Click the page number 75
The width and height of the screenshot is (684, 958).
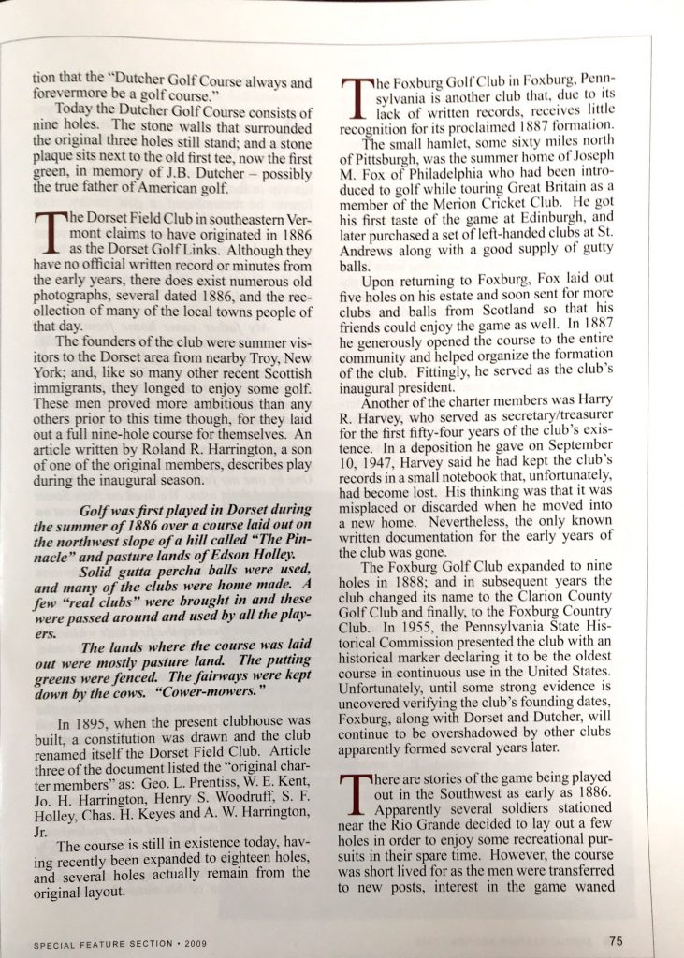pyautogui.click(x=615, y=940)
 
